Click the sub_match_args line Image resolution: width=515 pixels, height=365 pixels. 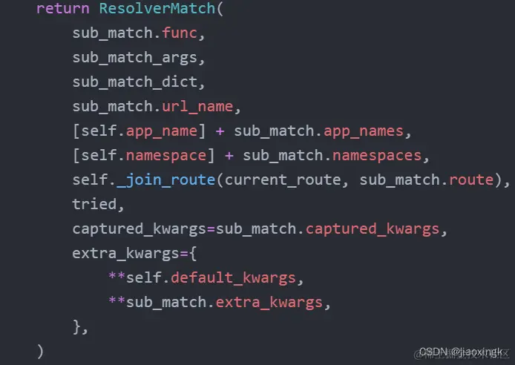138,58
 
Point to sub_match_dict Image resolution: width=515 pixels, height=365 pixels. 138,82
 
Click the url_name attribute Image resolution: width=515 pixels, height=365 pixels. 197,107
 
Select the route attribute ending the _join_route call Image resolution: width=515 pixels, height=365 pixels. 472,180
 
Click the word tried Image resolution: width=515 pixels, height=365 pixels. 94,204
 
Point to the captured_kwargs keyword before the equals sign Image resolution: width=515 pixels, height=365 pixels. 138,228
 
